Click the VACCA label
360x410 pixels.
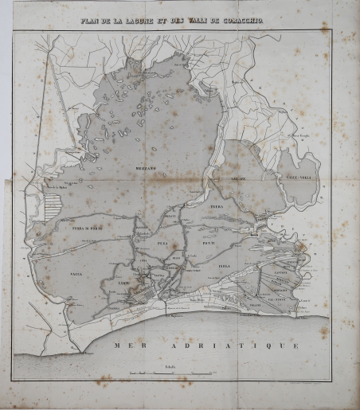click(86, 273)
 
